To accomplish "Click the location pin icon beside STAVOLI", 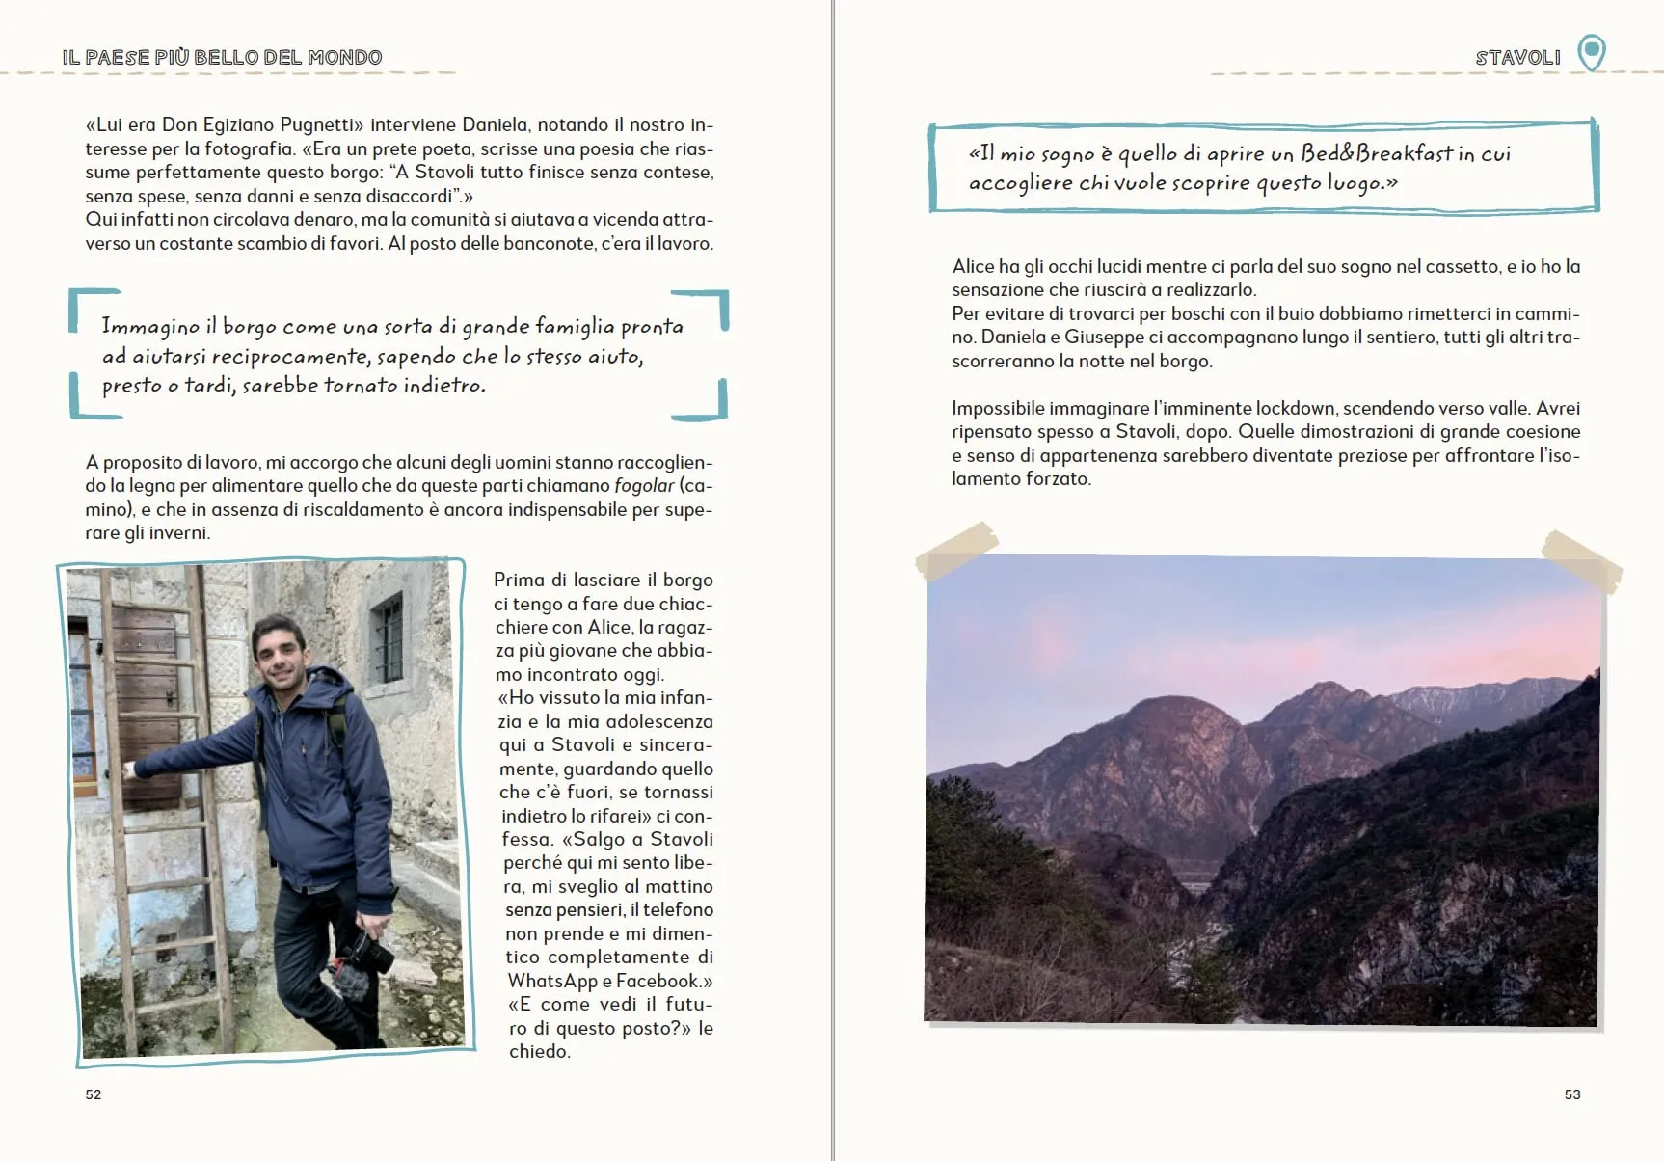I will [1591, 52].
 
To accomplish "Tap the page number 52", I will [94, 1094].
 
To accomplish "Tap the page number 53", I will [1571, 1094].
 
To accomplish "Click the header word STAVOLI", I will [1517, 58].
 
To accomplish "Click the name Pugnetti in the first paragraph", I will [321, 124].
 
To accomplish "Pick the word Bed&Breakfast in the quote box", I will [1376, 153].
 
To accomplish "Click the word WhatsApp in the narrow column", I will [552, 981].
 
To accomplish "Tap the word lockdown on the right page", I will [1293, 408].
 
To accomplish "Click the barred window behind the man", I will [388, 638].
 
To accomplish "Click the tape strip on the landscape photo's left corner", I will [955, 551].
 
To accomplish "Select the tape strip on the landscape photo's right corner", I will [1581, 558].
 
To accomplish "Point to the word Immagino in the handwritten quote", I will [150, 327].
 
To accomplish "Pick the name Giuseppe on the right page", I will [1097, 337].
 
